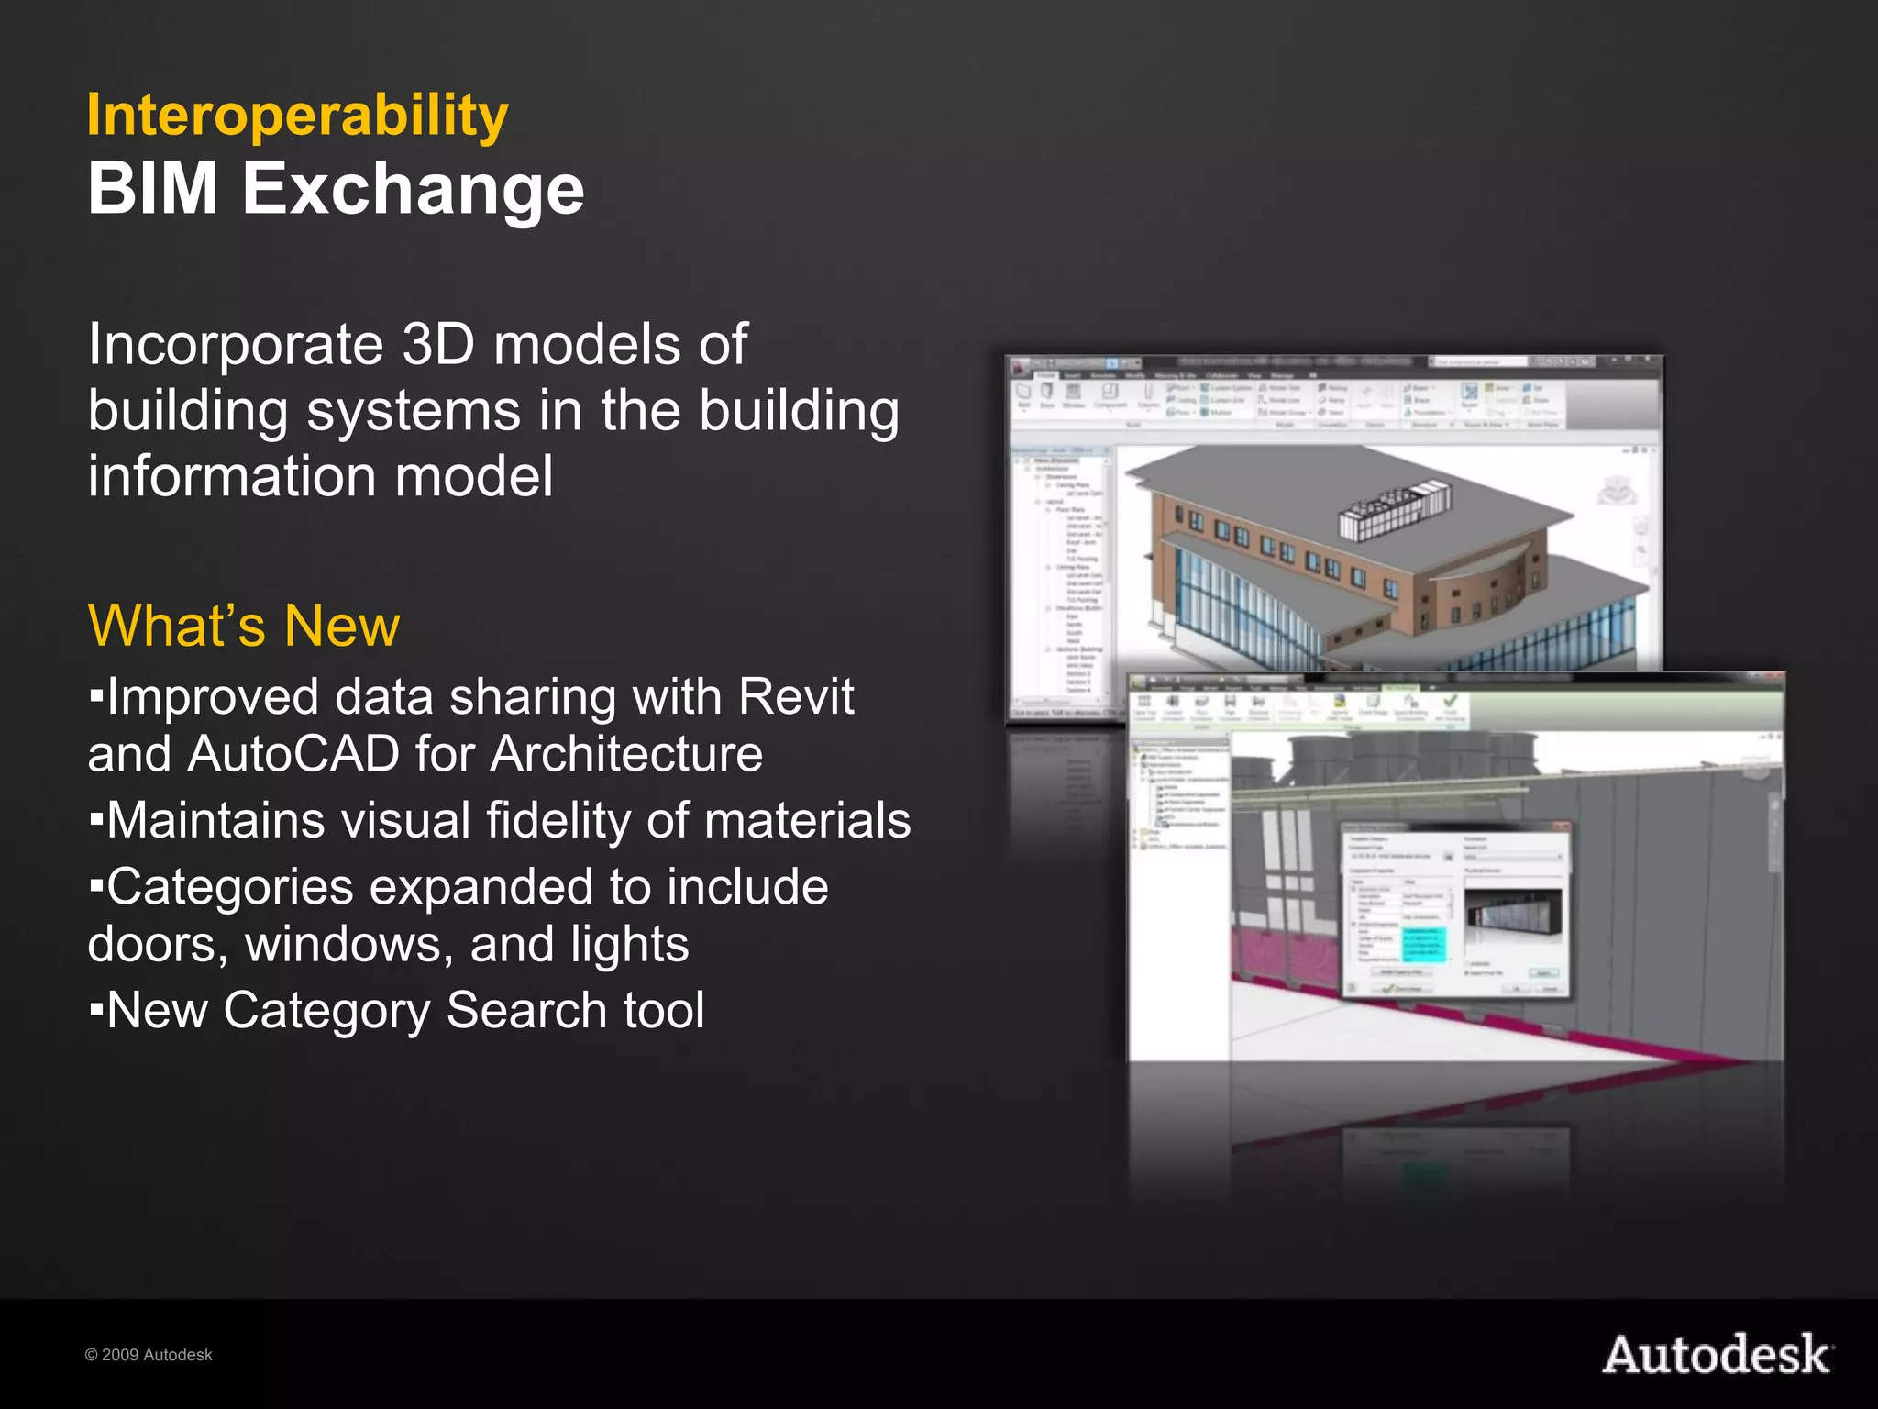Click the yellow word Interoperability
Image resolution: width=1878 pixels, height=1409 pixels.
point(297,116)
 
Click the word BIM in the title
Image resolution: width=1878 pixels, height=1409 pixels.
point(152,189)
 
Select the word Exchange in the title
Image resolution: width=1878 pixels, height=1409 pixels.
point(413,189)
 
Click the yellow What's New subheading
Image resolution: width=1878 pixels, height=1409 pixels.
point(244,627)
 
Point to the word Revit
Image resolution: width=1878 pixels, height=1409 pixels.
point(796,697)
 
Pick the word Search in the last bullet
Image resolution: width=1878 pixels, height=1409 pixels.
point(526,1011)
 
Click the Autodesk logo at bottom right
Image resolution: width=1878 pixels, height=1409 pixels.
point(1717,1355)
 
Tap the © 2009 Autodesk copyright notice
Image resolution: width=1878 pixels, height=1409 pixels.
point(149,1355)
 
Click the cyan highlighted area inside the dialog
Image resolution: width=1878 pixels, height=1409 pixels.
point(1423,945)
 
